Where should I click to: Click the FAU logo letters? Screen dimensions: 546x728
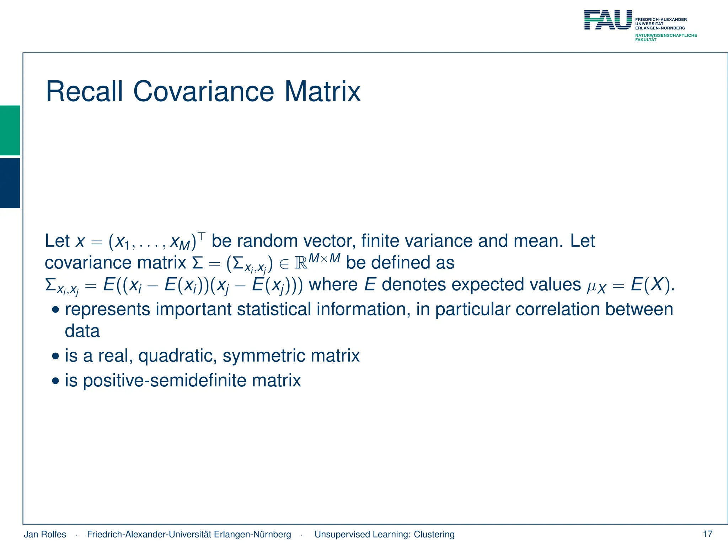[x=608, y=20]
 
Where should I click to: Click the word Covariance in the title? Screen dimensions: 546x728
[x=203, y=92]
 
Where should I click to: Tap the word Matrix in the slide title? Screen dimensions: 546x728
[x=322, y=92]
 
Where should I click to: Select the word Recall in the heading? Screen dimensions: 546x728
[x=85, y=92]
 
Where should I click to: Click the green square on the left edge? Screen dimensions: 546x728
[x=10, y=130]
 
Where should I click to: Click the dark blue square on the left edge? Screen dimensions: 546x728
[x=10, y=183]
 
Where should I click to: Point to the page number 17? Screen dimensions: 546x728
[x=707, y=534]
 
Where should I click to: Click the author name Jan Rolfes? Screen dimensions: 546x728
[x=45, y=534]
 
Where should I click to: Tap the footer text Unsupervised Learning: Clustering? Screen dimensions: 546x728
[x=384, y=534]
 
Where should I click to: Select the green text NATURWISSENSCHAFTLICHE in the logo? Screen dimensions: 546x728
[x=666, y=36]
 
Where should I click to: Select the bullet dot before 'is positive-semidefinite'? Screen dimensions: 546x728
[x=55, y=381]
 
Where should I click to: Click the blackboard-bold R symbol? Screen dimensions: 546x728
[x=301, y=263]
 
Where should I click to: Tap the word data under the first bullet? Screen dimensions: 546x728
[x=82, y=331]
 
